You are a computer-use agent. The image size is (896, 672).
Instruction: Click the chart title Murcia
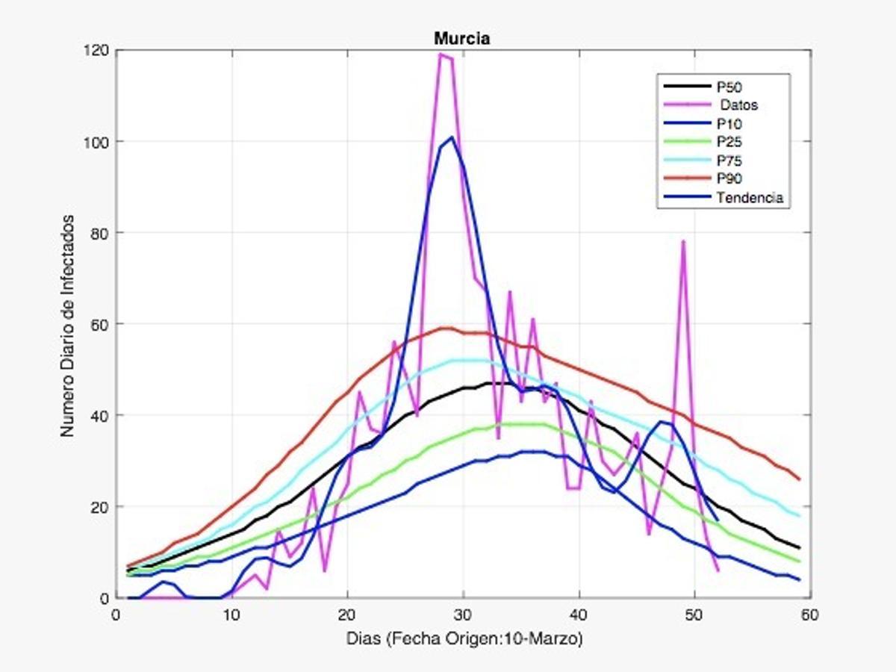pos(462,40)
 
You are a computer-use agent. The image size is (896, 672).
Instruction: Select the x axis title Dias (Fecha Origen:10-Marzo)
pos(463,640)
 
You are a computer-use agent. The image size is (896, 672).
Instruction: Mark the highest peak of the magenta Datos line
pos(441,54)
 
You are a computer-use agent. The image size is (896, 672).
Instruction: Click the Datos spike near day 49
pos(683,241)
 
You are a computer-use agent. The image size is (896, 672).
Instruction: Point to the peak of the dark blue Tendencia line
pos(452,137)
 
